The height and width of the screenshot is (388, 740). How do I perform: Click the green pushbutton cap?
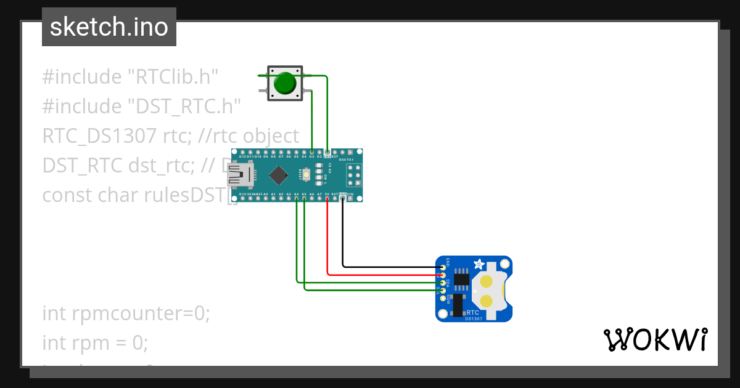pyautogui.click(x=284, y=83)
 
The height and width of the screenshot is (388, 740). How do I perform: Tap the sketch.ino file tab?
pyautogui.click(x=109, y=27)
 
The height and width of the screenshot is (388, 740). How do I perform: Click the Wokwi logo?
pyautogui.click(x=655, y=340)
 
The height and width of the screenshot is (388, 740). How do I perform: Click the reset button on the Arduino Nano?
pyautogui.click(x=306, y=176)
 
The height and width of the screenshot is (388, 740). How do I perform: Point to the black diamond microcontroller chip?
pyautogui.click(x=278, y=176)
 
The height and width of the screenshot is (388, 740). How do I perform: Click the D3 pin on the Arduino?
pyautogui.click(x=312, y=152)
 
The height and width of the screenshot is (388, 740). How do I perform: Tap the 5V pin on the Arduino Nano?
pyautogui.click(x=327, y=199)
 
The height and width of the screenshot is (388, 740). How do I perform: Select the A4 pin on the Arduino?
pyautogui.click(x=297, y=199)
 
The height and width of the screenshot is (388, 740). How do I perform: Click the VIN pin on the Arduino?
pyautogui.click(x=350, y=199)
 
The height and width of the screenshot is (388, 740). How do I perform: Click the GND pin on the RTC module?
pyautogui.click(x=442, y=267)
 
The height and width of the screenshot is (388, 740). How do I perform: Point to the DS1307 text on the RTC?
pyautogui.click(x=474, y=318)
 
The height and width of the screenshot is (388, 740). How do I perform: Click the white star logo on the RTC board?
pyautogui.click(x=478, y=265)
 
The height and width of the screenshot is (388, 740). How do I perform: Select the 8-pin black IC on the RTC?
pyautogui.click(x=461, y=278)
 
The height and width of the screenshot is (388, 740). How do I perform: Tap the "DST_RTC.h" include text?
pyautogui.click(x=183, y=107)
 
